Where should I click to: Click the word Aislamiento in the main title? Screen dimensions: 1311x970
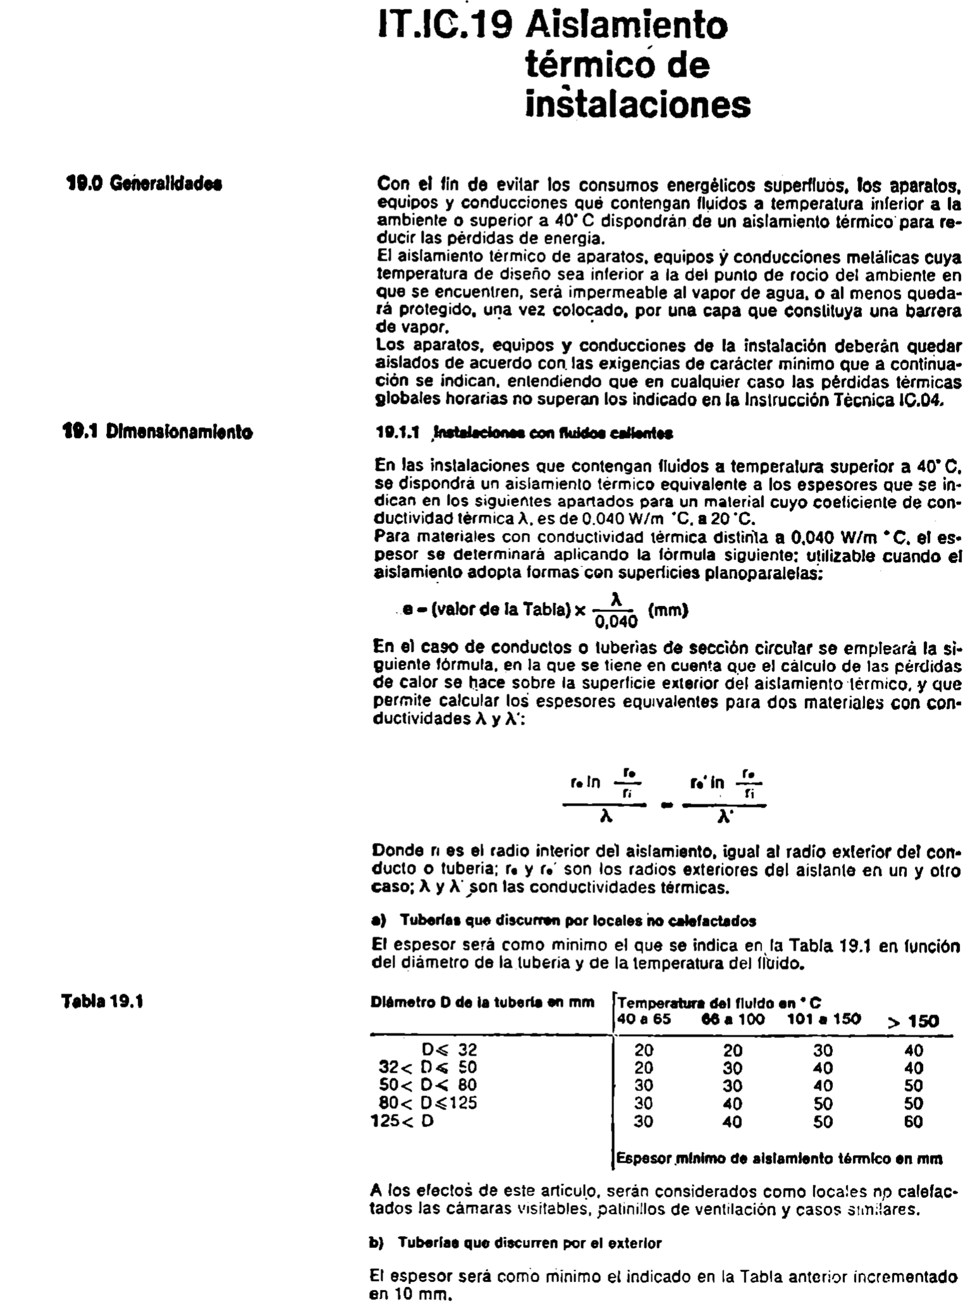pos(627,26)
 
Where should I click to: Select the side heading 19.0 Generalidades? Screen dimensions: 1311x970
pos(143,184)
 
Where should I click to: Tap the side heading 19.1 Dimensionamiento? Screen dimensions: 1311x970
pos(157,432)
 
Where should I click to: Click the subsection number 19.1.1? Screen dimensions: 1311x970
pos(398,433)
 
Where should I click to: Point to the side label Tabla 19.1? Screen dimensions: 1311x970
pos(103,1001)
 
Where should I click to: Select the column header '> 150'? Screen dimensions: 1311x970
pos(913,1021)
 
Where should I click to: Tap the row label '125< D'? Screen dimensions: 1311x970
pos(403,1121)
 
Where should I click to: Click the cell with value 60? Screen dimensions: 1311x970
pos(914,1121)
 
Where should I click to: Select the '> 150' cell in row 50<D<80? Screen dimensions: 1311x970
pos(914,1085)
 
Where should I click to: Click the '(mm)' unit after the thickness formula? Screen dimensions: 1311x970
pos(668,610)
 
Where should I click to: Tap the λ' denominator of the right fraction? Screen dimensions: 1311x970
pos(725,817)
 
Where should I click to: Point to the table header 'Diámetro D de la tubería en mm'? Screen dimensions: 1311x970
pos(482,1002)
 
